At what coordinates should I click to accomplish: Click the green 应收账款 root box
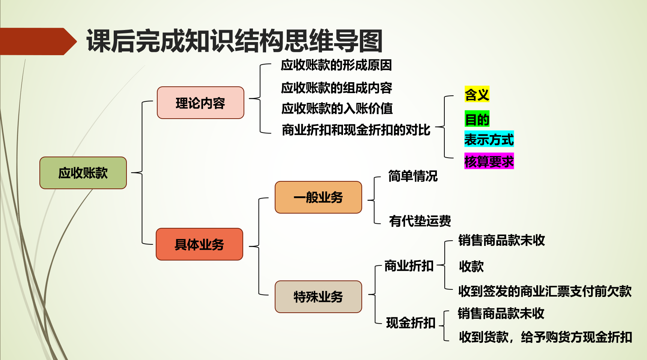[83, 173]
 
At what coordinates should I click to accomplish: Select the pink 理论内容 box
[200, 103]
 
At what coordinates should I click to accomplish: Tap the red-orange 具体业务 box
[199, 244]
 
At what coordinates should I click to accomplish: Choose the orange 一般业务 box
[318, 197]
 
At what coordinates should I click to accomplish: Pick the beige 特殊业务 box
[318, 297]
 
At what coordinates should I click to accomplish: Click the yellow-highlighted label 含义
[477, 94]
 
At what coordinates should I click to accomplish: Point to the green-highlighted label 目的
[477, 119]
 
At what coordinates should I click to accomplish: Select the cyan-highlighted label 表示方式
[489, 139]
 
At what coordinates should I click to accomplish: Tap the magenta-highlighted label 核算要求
[489, 161]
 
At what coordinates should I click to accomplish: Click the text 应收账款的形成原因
[336, 65]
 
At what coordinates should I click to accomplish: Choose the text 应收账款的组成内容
[337, 88]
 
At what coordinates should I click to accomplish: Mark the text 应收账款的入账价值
[337, 108]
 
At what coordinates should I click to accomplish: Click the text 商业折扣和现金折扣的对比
[356, 130]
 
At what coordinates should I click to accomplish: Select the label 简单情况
[413, 176]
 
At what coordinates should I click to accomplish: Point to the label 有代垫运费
[420, 221]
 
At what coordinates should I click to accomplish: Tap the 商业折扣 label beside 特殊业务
[409, 266]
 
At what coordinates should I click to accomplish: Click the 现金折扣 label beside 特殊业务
[411, 322]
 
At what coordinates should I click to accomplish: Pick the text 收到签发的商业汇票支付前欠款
[545, 291]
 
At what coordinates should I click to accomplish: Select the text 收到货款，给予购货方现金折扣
[545, 337]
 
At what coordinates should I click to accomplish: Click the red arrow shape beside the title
[38, 41]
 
